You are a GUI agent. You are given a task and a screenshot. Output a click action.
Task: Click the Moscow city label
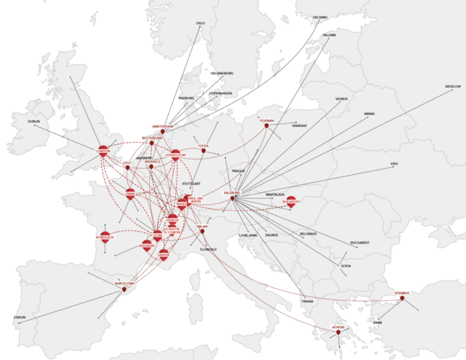tap(453, 87)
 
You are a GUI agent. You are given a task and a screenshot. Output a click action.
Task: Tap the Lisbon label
tap(20, 317)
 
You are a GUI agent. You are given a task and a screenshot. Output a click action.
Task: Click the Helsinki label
tap(319, 17)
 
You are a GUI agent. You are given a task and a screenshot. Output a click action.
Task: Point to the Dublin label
tap(34, 121)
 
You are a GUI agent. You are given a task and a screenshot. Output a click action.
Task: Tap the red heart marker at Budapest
tap(291, 204)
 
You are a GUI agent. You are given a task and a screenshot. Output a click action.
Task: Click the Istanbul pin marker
tap(402, 298)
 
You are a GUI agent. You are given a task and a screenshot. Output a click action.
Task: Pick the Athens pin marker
tap(338, 332)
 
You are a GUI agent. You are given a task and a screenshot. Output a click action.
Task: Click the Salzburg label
tap(232, 192)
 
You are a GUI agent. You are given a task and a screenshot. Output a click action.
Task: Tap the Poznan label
tap(267, 120)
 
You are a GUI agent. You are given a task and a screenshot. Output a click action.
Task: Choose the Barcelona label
tap(125, 283)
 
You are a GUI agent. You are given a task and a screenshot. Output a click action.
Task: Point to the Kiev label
tap(394, 164)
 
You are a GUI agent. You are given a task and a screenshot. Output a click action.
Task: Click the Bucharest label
tap(359, 242)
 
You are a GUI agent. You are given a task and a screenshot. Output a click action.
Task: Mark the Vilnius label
tap(342, 98)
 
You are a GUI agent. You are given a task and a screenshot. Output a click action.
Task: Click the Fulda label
tap(203, 146)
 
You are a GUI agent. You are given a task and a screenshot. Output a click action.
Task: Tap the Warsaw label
tap(299, 126)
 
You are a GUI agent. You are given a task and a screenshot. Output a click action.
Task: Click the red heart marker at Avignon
tap(147, 248)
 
